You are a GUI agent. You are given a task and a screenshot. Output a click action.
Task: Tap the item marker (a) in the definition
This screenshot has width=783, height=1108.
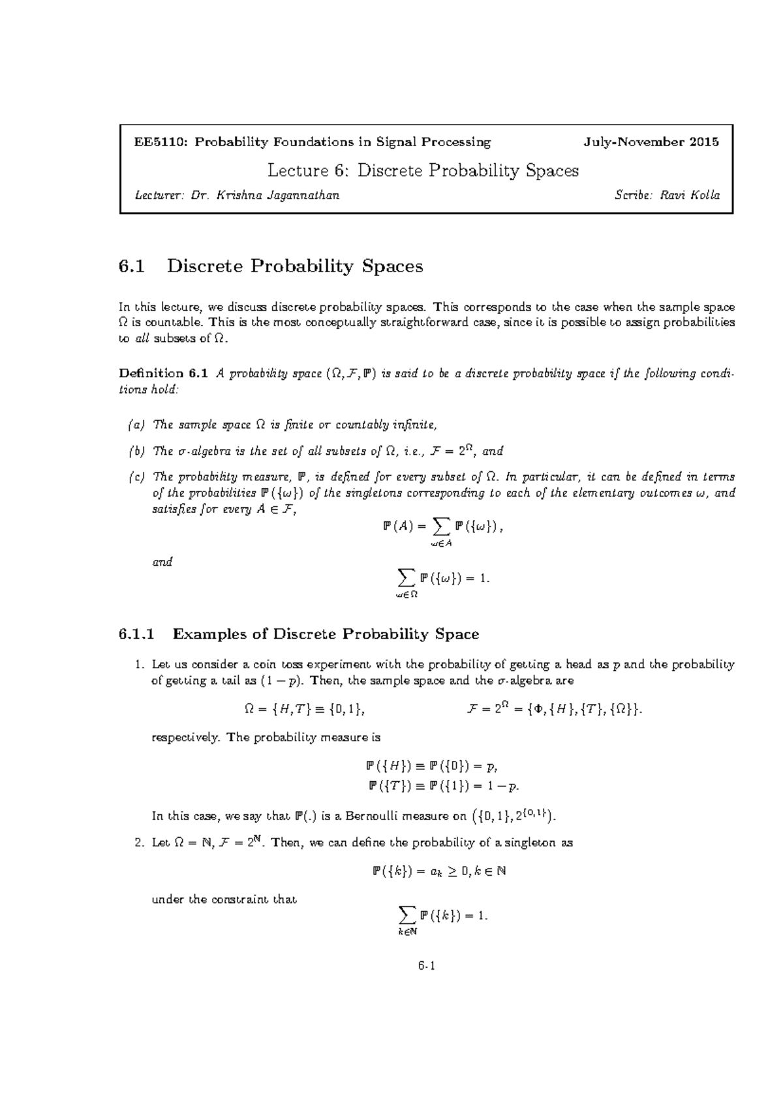click(x=136, y=425)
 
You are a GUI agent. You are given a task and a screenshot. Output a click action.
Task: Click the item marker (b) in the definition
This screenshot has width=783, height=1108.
click(x=136, y=451)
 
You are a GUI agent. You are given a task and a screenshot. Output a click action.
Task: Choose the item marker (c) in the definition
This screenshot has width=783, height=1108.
click(x=136, y=477)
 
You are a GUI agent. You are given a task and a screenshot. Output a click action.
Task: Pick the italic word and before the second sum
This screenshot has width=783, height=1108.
click(x=162, y=562)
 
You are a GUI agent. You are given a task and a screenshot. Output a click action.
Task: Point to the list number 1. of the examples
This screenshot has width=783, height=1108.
click(x=138, y=665)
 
